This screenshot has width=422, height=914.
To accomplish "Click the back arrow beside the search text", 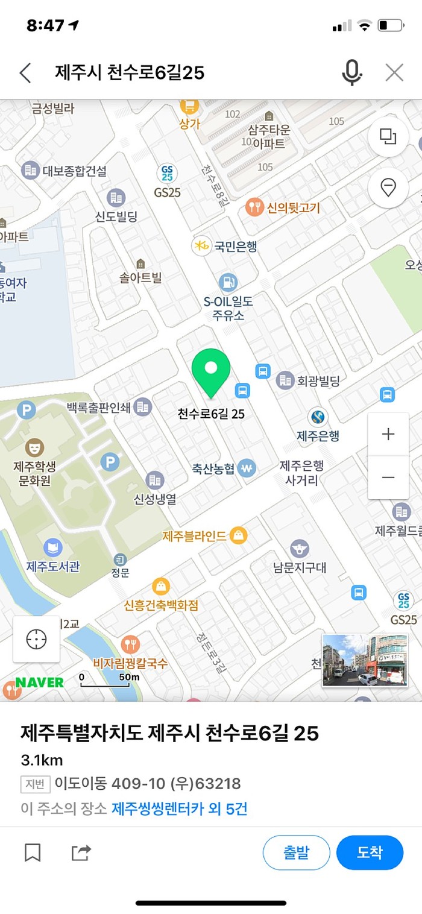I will click(x=25, y=73).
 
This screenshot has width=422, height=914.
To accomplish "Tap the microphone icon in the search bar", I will click(x=351, y=73).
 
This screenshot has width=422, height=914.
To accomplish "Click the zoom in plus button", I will click(x=388, y=434).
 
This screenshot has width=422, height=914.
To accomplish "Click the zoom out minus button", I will click(x=388, y=478).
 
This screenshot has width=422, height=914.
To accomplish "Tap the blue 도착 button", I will click(x=370, y=853).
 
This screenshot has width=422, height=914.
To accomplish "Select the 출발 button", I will click(x=296, y=853).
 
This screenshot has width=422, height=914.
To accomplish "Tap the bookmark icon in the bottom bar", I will click(x=33, y=853).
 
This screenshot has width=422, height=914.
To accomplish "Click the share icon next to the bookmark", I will click(x=81, y=853).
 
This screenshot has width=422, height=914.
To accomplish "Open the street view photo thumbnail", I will click(x=365, y=660).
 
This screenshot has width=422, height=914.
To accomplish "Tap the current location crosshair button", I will click(x=36, y=639).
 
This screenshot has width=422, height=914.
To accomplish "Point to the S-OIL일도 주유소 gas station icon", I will click(x=228, y=282).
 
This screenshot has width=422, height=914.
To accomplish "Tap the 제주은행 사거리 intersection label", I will click(x=301, y=473).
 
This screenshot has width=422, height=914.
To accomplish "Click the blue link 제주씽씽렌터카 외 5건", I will click(x=179, y=808).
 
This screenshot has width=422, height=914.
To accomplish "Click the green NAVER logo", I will click(x=40, y=682).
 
